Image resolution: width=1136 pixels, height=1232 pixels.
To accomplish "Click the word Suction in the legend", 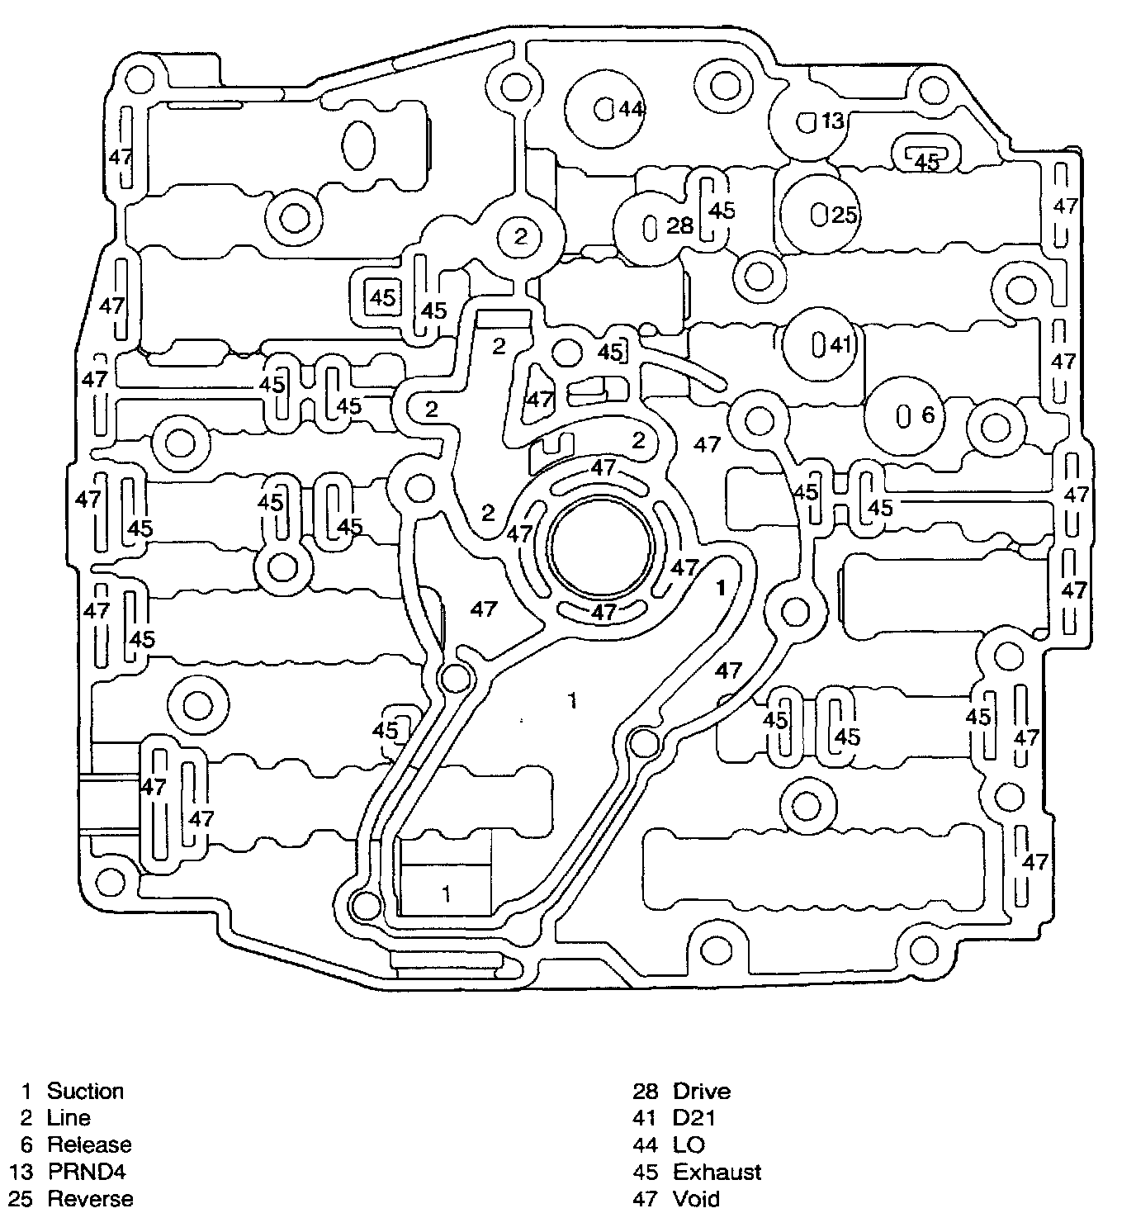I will tap(85, 1091).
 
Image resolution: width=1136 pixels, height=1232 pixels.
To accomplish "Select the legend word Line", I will tap(69, 1118).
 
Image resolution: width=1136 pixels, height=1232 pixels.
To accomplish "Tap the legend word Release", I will tap(89, 1144).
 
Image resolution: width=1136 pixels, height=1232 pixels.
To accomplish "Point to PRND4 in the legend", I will tap(87, 1171).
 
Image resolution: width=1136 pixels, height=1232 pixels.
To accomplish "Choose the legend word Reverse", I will tap(90, 1198).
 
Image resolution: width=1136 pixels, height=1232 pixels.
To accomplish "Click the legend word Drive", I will tap(702, 1092).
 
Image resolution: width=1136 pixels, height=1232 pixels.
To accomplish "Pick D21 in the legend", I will tap(694, 1118).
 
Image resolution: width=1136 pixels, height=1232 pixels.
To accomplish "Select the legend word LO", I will tap(689, 1144).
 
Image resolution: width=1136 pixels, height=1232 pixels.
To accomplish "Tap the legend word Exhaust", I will tap(717, 1172).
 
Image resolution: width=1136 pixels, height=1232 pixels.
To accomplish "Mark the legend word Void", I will tap(696, 1198).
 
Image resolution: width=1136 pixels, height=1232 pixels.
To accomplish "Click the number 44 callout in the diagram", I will tap(631, 109).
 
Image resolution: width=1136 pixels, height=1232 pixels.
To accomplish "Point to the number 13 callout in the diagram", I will tap(833, 121).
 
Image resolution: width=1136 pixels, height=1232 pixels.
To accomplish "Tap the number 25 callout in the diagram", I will tap(845, 216).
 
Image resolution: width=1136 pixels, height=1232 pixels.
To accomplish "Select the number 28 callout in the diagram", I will tap(679, 225).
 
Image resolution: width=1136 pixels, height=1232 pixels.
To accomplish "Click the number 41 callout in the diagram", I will tap(840, 345).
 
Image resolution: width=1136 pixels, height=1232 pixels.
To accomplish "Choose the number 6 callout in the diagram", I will tap(928, 415).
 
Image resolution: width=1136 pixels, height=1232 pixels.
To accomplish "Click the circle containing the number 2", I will tap(520, 237).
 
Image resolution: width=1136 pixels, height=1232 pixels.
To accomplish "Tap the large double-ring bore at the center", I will tap(603, 548).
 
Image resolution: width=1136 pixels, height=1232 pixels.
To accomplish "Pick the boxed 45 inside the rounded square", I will tap(382, 297).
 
